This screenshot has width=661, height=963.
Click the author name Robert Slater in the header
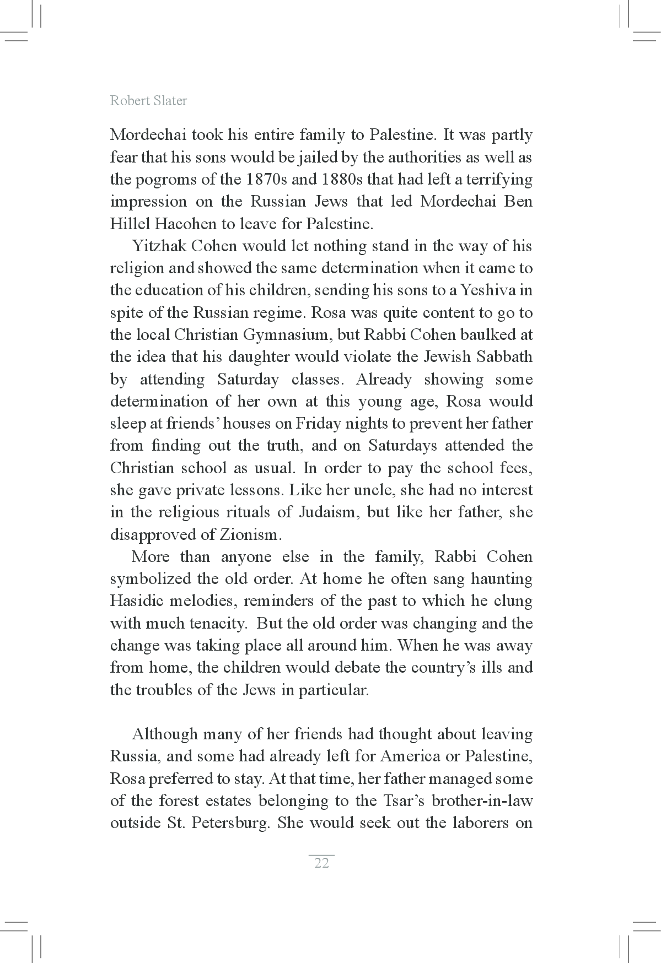point(148,101)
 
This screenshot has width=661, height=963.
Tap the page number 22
point(321,863)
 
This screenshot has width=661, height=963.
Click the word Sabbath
point(504,357)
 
